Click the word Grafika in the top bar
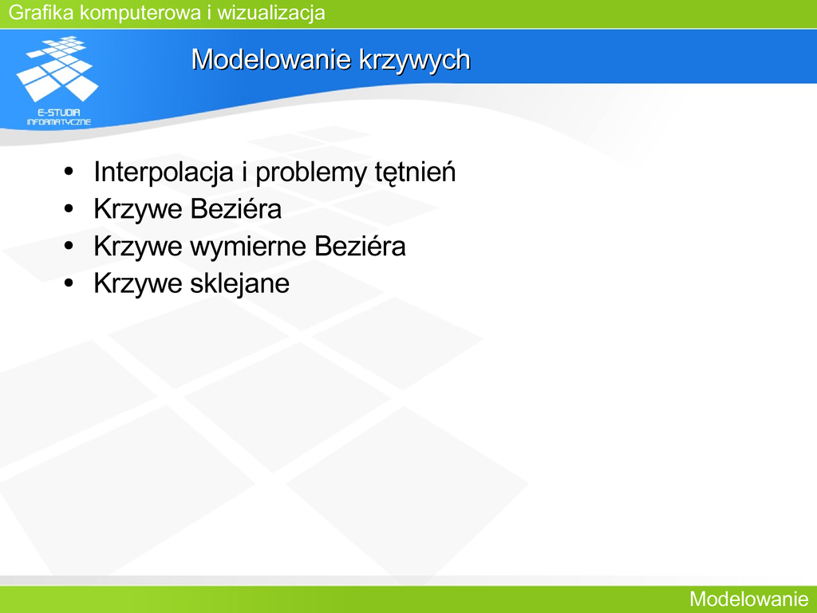pyautogui.click(x=41, y=13)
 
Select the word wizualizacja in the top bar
pyautogui.click(x=271, y=13)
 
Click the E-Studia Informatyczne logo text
pyautogui.click(x=59, y=117)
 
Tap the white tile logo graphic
pyautogui.click(x=57, y=69)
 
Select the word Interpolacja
pyautogui.click(x=164, y=172)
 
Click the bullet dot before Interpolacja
pyautogui.click(x=69, y=172)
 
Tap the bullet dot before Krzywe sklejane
pyautogui.click(x=69, y=283)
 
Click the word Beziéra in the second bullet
pyautogui.click(x=235, y=208)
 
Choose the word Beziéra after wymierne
pyautogui.click(x=360, y=246)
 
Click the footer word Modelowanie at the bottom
pyautogui.click(x=748, y=599)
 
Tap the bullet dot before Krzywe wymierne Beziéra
pyautogui.click(x=69, y=246)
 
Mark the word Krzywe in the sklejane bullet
pyautogui.click(x=138, y=284)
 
